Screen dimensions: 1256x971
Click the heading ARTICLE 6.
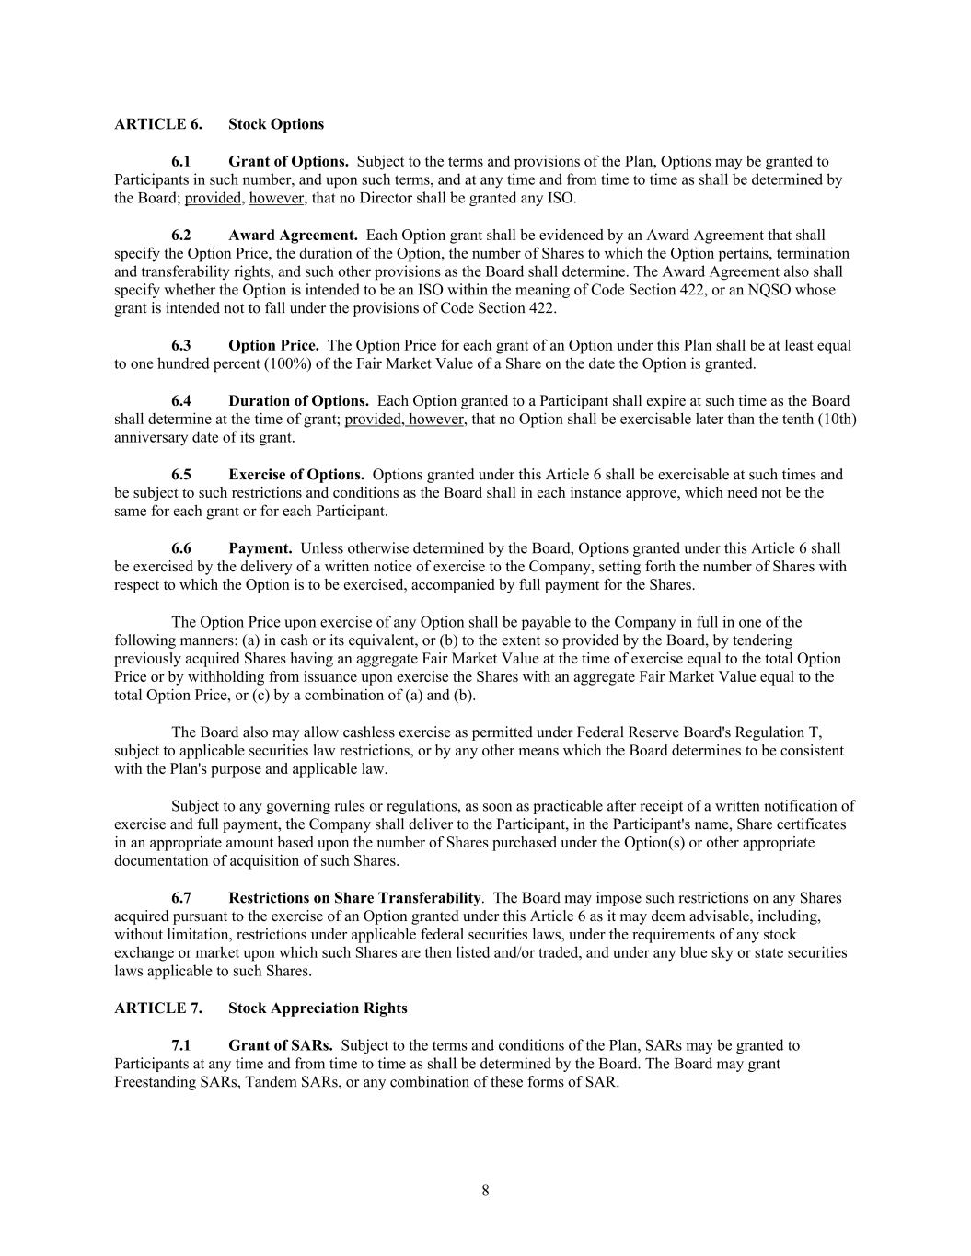coord(157,124)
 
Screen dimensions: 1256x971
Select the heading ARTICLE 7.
coord(157,1008)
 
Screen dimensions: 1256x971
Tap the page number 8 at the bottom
coord(485,1191)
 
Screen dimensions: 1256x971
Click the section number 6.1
coord(181,162)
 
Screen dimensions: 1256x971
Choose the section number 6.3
coord(181,346)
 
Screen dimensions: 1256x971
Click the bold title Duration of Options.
coord(298,401)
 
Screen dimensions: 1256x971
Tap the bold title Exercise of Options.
coord(296,475)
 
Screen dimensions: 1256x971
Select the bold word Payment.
coord(260,548)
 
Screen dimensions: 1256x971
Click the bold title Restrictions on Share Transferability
coord(354,898)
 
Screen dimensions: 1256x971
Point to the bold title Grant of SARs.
coord(281,1045)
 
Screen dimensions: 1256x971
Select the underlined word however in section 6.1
coord(276,199)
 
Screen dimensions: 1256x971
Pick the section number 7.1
coord(181,1045)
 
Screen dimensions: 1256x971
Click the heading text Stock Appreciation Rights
coord(318,1008)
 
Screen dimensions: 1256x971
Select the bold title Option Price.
coord(273,346)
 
